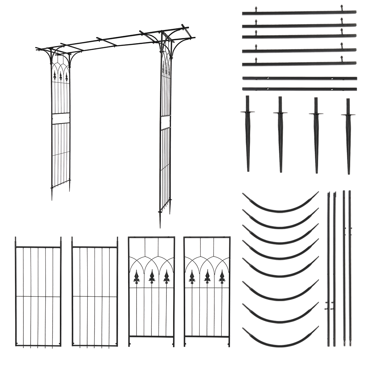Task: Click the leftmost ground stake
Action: tap(248, 135)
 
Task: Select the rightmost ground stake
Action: tap(348, 137)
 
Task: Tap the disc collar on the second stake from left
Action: tap(280, 113)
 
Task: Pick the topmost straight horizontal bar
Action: tap(299, 13)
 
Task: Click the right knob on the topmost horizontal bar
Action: tap(342, 7)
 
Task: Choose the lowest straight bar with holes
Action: tap(299, 89)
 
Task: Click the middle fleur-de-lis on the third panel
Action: tap(151, 277)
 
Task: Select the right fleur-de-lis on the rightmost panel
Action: tap(222, 277)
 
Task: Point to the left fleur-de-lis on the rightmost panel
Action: tap(192, 277)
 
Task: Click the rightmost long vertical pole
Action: tap(350, 268)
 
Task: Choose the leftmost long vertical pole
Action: tap(328, 268)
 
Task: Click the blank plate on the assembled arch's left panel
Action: tap(61, 119)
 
